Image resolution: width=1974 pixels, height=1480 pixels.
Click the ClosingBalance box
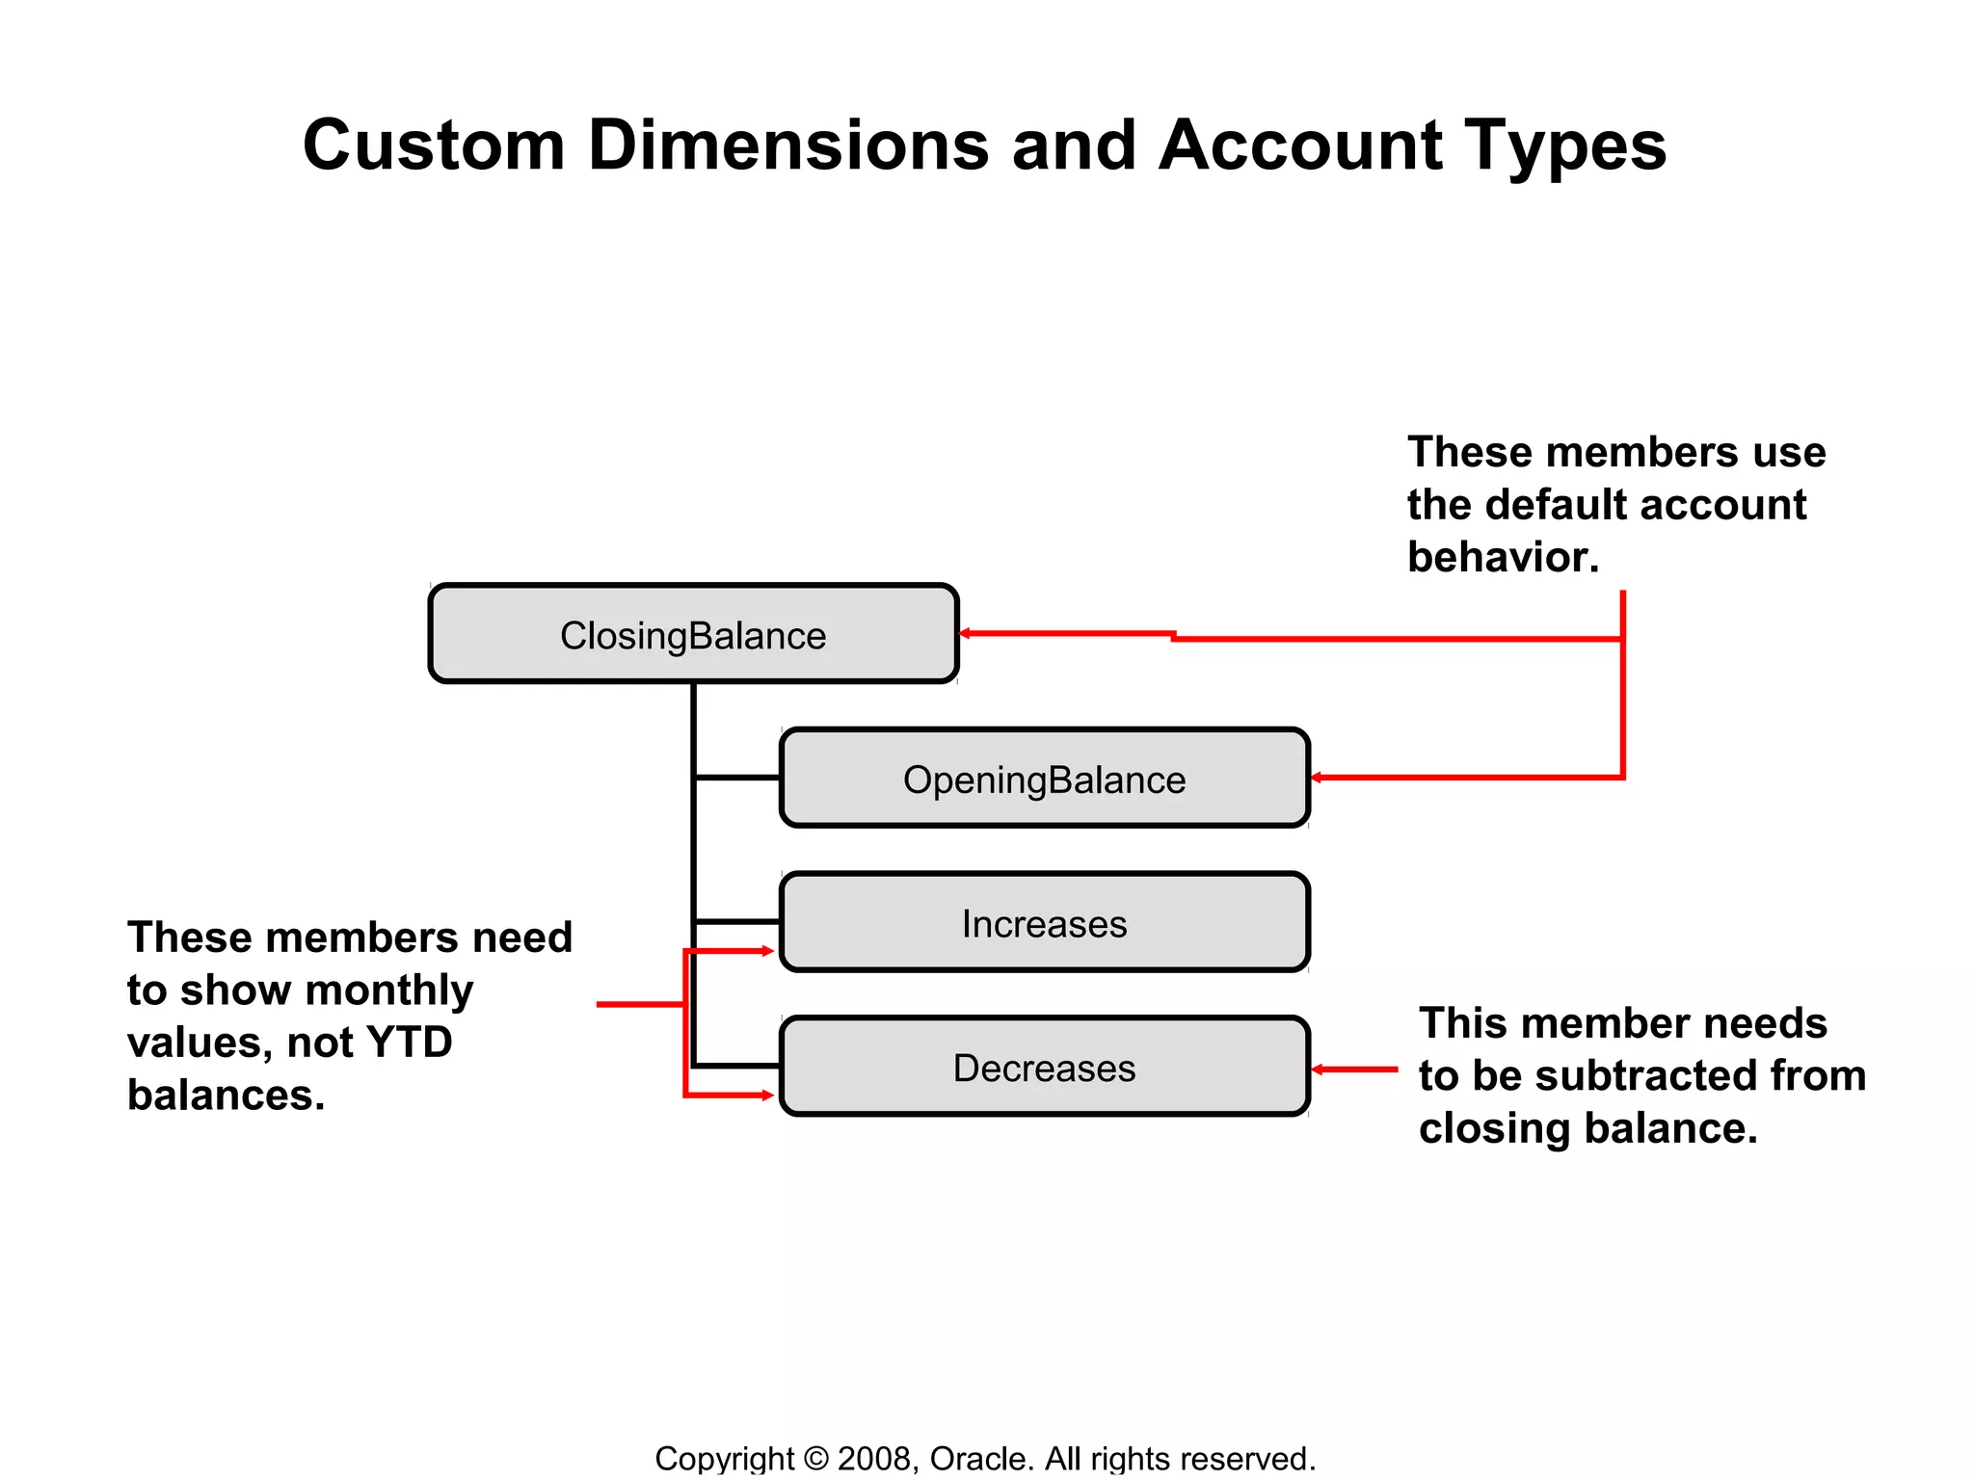tap(693, 634)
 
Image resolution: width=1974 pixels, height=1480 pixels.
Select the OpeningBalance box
tap(1044, 779)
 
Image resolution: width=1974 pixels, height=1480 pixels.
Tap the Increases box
tap(1044, 923)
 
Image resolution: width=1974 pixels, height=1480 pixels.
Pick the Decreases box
tap(1044, 1067)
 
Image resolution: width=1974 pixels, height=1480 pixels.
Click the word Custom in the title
tap(434, 146)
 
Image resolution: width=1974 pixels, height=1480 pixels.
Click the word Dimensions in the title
tap(788, 146)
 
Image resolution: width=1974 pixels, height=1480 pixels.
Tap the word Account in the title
tap(1300, 146)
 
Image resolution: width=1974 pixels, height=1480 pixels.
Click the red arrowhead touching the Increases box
tap(767, 951)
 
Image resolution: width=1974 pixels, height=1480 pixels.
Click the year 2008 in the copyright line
tap(873, 1458)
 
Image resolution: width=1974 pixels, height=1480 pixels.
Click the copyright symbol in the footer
tap(815, 1459)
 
